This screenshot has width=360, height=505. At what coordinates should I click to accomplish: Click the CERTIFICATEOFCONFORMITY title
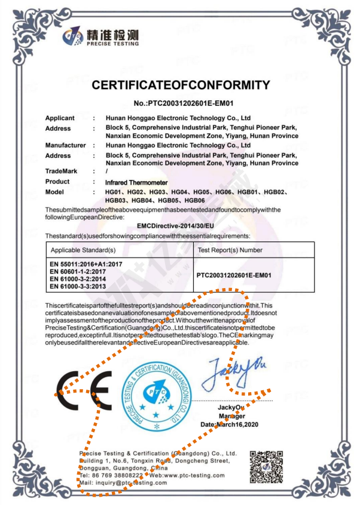(180, 85)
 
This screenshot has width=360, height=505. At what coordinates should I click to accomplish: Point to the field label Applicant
(60, 118)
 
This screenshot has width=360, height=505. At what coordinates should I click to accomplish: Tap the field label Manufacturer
(66, 145)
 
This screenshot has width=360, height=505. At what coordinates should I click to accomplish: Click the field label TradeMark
(62, 172)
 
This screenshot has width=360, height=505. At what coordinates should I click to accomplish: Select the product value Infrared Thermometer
(136, 182)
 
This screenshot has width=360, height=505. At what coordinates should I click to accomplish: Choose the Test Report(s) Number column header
(230, 250)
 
